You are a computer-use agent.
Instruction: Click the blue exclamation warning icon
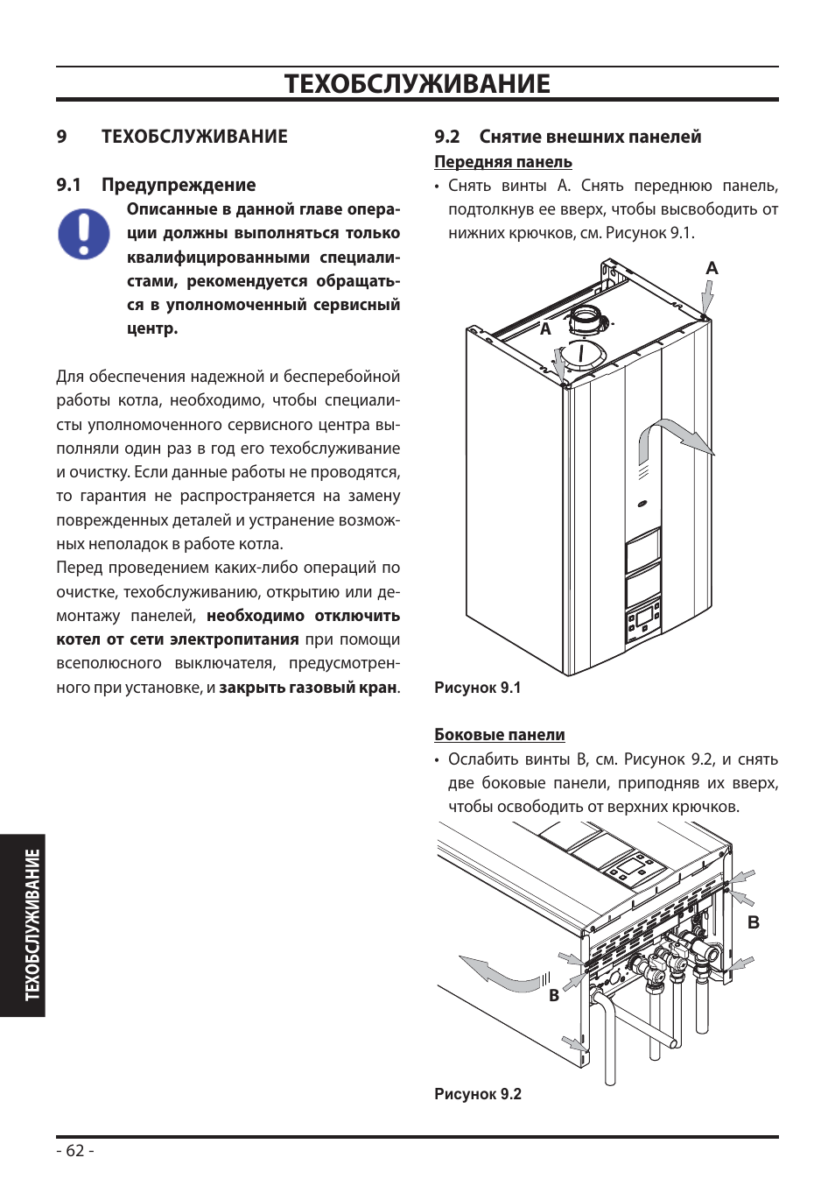coord(84,234)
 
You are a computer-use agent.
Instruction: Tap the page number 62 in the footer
coord(75,1150)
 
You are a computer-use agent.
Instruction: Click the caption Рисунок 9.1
coord(477,688)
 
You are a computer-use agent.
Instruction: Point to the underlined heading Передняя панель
coord(503,161)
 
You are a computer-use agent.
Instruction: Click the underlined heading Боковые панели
coord(500,735)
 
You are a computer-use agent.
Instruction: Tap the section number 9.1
coord(69,185)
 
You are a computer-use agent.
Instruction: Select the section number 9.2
coord(447,137)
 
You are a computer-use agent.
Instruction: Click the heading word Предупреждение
coord(179,186)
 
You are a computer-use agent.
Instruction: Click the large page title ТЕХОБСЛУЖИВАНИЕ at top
coord(417,84)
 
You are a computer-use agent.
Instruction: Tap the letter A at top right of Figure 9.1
coord(712,268)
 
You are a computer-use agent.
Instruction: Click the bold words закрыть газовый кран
coord(308,688)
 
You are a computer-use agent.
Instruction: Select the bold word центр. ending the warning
coord(152,329)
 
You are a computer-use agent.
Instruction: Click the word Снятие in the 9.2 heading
coord(510,137)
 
